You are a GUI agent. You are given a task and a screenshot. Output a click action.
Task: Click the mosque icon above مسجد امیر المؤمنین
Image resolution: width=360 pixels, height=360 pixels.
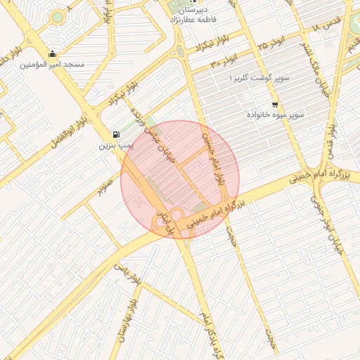(x=52, y=53)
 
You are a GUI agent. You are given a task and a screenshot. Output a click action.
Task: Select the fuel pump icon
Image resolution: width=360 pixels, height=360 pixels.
(x=115, y=135)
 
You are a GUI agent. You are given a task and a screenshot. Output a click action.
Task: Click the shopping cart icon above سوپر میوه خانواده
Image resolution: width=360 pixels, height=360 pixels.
(x=274, y=103)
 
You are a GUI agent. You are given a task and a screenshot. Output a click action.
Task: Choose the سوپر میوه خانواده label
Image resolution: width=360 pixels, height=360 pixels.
(x=275, y=114)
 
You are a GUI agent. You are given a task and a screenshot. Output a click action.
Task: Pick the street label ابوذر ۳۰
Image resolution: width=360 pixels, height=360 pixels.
(x=224, y=63)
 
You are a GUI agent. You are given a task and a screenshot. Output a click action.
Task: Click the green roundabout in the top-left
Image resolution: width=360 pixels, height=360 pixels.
(x=56, y=15)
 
